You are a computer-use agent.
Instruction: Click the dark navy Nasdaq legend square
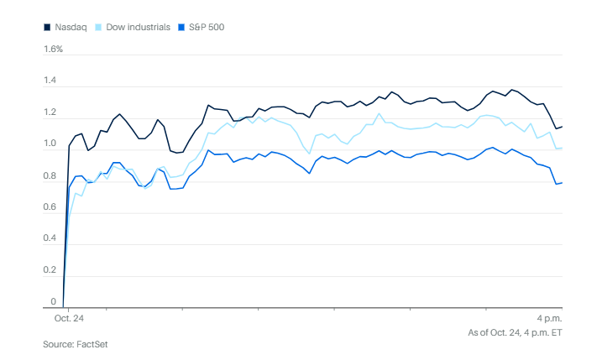[48, 27]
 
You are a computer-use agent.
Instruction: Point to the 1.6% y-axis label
[53, 50]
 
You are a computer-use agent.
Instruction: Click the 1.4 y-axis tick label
[51, 81]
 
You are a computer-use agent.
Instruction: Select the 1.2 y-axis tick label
[51, 113]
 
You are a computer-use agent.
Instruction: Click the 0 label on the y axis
[53, 302]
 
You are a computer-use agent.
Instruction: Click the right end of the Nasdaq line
[562, 126]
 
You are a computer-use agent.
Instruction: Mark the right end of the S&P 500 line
[562, 183]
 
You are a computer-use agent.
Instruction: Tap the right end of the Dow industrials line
[562, 149]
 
